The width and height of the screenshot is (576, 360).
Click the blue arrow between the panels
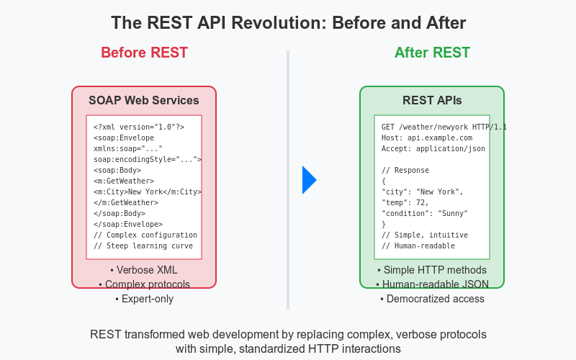(309, 180)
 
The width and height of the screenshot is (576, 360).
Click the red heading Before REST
(144, 53)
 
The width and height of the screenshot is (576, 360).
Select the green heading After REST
(432, 53)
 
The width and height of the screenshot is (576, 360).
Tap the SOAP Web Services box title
(144, 100)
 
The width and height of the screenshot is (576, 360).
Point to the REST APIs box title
(432, 100)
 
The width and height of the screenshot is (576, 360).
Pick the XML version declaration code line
(139, 127)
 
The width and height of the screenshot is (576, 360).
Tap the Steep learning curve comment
(143, 246)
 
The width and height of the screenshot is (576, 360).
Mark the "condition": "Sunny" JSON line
(425, 213)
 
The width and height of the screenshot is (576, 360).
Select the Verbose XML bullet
(144, 271)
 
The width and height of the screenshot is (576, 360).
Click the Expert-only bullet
(144, 298)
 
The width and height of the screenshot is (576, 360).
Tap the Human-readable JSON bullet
(432, 284)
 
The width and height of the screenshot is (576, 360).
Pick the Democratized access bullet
(432, 298)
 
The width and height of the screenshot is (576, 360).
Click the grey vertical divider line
(288, 180)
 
